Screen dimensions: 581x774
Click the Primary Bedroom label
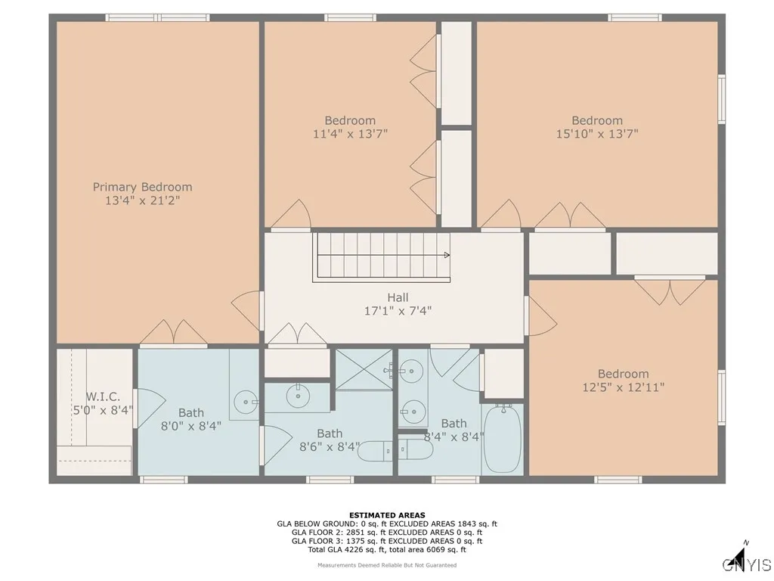(x=142, y=187)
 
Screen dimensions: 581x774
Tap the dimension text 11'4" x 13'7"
(x=350, y=134)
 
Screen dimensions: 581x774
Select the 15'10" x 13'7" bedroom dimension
(x=596, y=134)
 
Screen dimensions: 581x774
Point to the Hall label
(x=397, y=297)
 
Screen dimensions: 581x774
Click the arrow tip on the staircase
(x=448, y=256)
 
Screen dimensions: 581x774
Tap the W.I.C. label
(x=103, y=397)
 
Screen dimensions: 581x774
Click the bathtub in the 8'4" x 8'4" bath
(x=503, y=438)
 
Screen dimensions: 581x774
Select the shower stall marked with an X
(x=364, y=369)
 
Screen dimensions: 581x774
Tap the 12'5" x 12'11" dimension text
(x=623, y=387)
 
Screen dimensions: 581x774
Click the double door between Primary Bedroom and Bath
(x=174, y=333)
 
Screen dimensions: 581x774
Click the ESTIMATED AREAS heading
(x=387, y=515)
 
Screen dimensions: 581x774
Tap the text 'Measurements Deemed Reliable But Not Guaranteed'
(x=387, y=565)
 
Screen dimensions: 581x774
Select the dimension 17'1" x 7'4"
(x=397, y=310)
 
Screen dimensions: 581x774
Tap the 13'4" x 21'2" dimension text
(x=142, y=200)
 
